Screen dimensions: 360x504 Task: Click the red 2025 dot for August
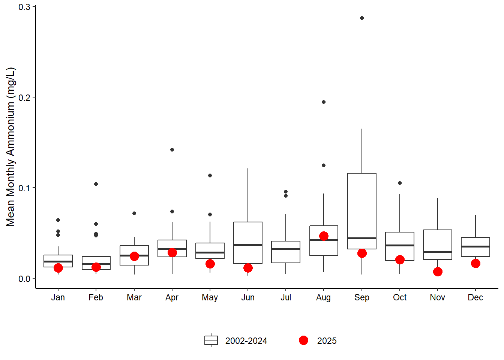pyautogui.click(x=324, y=236)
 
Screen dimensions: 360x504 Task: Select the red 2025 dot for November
pyautogui.click(x=438, y=271)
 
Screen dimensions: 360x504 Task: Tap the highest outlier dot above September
pyautogui.click(x=362, y=18)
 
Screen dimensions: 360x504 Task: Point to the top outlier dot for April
pyautogui.click(x=172, y=150)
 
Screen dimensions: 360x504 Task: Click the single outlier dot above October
pyautogui.click(x=400, y=183)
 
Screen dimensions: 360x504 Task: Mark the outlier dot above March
pyautogui.click(x=134, y=213)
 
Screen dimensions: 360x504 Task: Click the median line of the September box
pyautogui.click(x=362, y=238)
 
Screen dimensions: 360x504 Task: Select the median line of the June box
pyautogui.click(x=248, y=245)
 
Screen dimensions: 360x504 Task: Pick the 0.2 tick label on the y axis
pyautogui.click(x=24, y=97)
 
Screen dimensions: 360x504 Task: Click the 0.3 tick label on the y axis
pyautogui.click(x=24, y=7)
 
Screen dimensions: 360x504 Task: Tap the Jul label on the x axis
pyautogui.click(x=286, y=297)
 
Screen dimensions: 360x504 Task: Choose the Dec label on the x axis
pyautogui.click(x=475, y=297)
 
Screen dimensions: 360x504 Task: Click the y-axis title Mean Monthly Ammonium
pyautogui.click(x=10, y=147)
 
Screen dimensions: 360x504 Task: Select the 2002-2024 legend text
pyautogui.click(x=246, y=341)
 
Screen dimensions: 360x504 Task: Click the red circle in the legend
pyautogui.click(x=304, y=340)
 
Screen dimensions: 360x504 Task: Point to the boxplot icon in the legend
pyautogui.click(x=211, y=340)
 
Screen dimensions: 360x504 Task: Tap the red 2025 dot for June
pyautogui.click(x=248, y=268)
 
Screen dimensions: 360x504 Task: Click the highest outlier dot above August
pyautogui.click(x=324, y=102)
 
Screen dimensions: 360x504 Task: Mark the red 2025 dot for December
pyautogui.click(x=475, y=263)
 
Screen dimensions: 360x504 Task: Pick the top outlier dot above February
pyautogui.click(x=96, y=184)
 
